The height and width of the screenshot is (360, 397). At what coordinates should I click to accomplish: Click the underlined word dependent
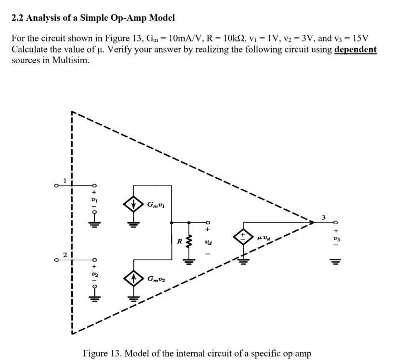click(355, 50)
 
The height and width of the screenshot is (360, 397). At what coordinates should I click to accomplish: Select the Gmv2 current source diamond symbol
click(134, 278)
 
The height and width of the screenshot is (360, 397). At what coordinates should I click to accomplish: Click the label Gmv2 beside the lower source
click(158, 279)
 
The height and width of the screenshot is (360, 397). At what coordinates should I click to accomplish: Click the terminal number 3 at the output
click(324, 217)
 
